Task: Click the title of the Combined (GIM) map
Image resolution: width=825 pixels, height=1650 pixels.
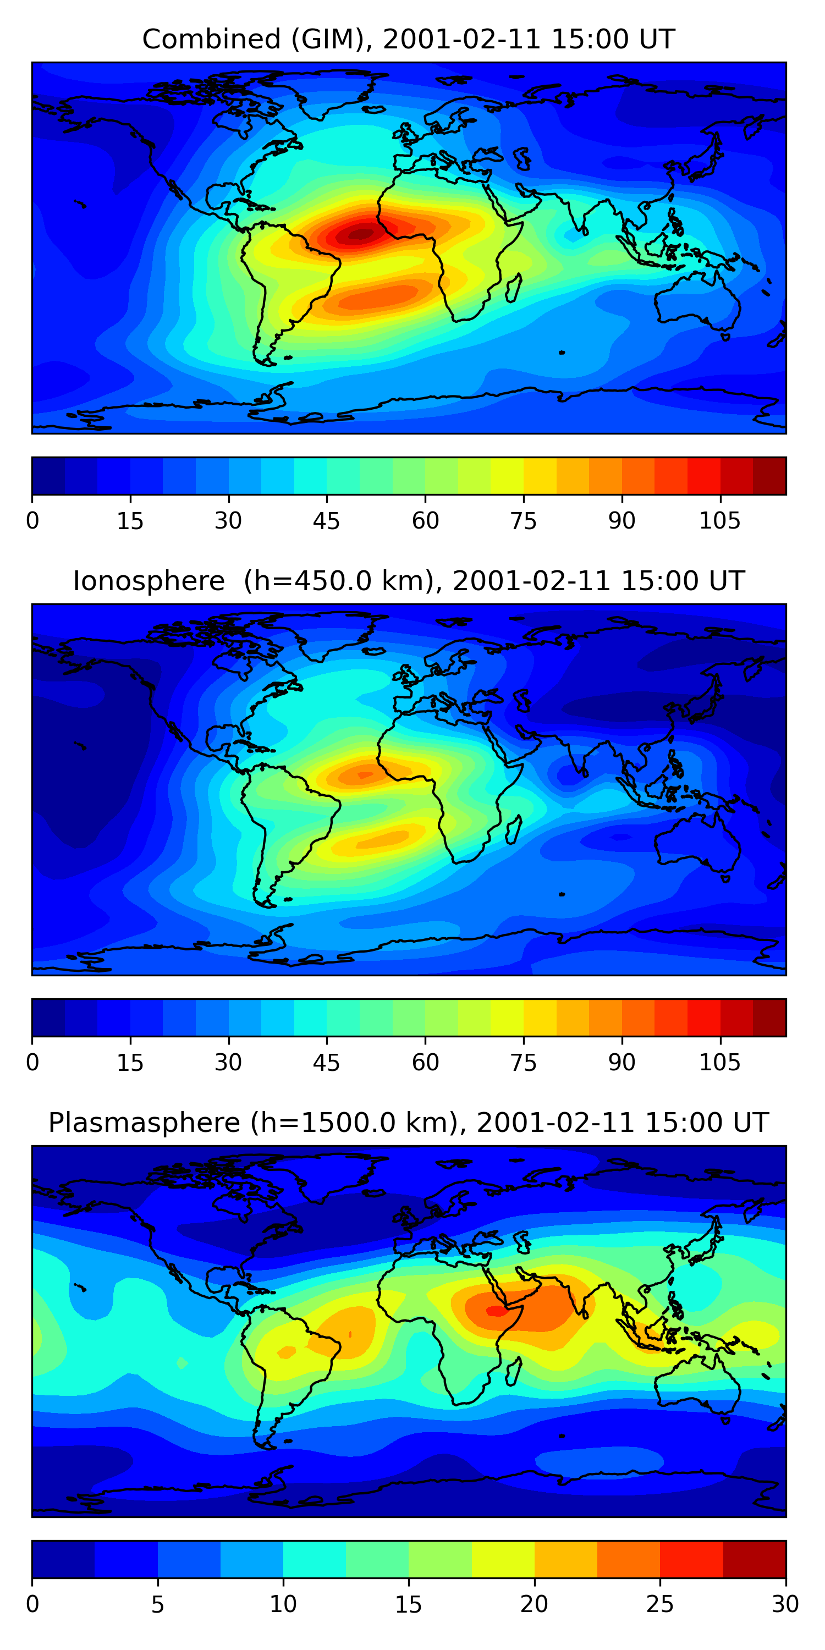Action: [x=409, y=39]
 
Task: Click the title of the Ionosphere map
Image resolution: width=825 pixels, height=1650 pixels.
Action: [x=409, y=581]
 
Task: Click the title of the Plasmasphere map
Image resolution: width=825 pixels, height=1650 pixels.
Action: [x=409, y=1123]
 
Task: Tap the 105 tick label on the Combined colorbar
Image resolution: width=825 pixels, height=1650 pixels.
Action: [x=719, y=521]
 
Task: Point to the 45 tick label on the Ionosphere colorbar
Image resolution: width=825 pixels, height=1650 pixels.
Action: [x=326, y=1063]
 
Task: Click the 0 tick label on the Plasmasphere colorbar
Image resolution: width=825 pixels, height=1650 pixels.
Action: [x=32, y=1604]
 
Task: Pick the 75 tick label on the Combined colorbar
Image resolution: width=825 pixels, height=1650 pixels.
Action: [x=523, y=521]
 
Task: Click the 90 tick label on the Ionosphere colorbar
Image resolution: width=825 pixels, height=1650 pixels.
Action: [x=621, y=1063]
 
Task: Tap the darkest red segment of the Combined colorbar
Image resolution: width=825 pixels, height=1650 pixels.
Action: [x=769, y=476]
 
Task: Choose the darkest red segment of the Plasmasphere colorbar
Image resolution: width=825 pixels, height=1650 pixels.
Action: [x=754, y=1559]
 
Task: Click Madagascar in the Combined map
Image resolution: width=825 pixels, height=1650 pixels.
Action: [x=513, y=288]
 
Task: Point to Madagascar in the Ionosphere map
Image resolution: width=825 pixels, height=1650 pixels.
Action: [x=513, y=829]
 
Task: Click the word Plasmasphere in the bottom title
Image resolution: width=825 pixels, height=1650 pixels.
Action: [x=144, y=1123]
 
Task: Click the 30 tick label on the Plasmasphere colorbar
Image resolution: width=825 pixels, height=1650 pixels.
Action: [x=785, y=1604]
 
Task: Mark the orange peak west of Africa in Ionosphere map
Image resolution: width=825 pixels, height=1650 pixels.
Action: [x=364, y=775]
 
